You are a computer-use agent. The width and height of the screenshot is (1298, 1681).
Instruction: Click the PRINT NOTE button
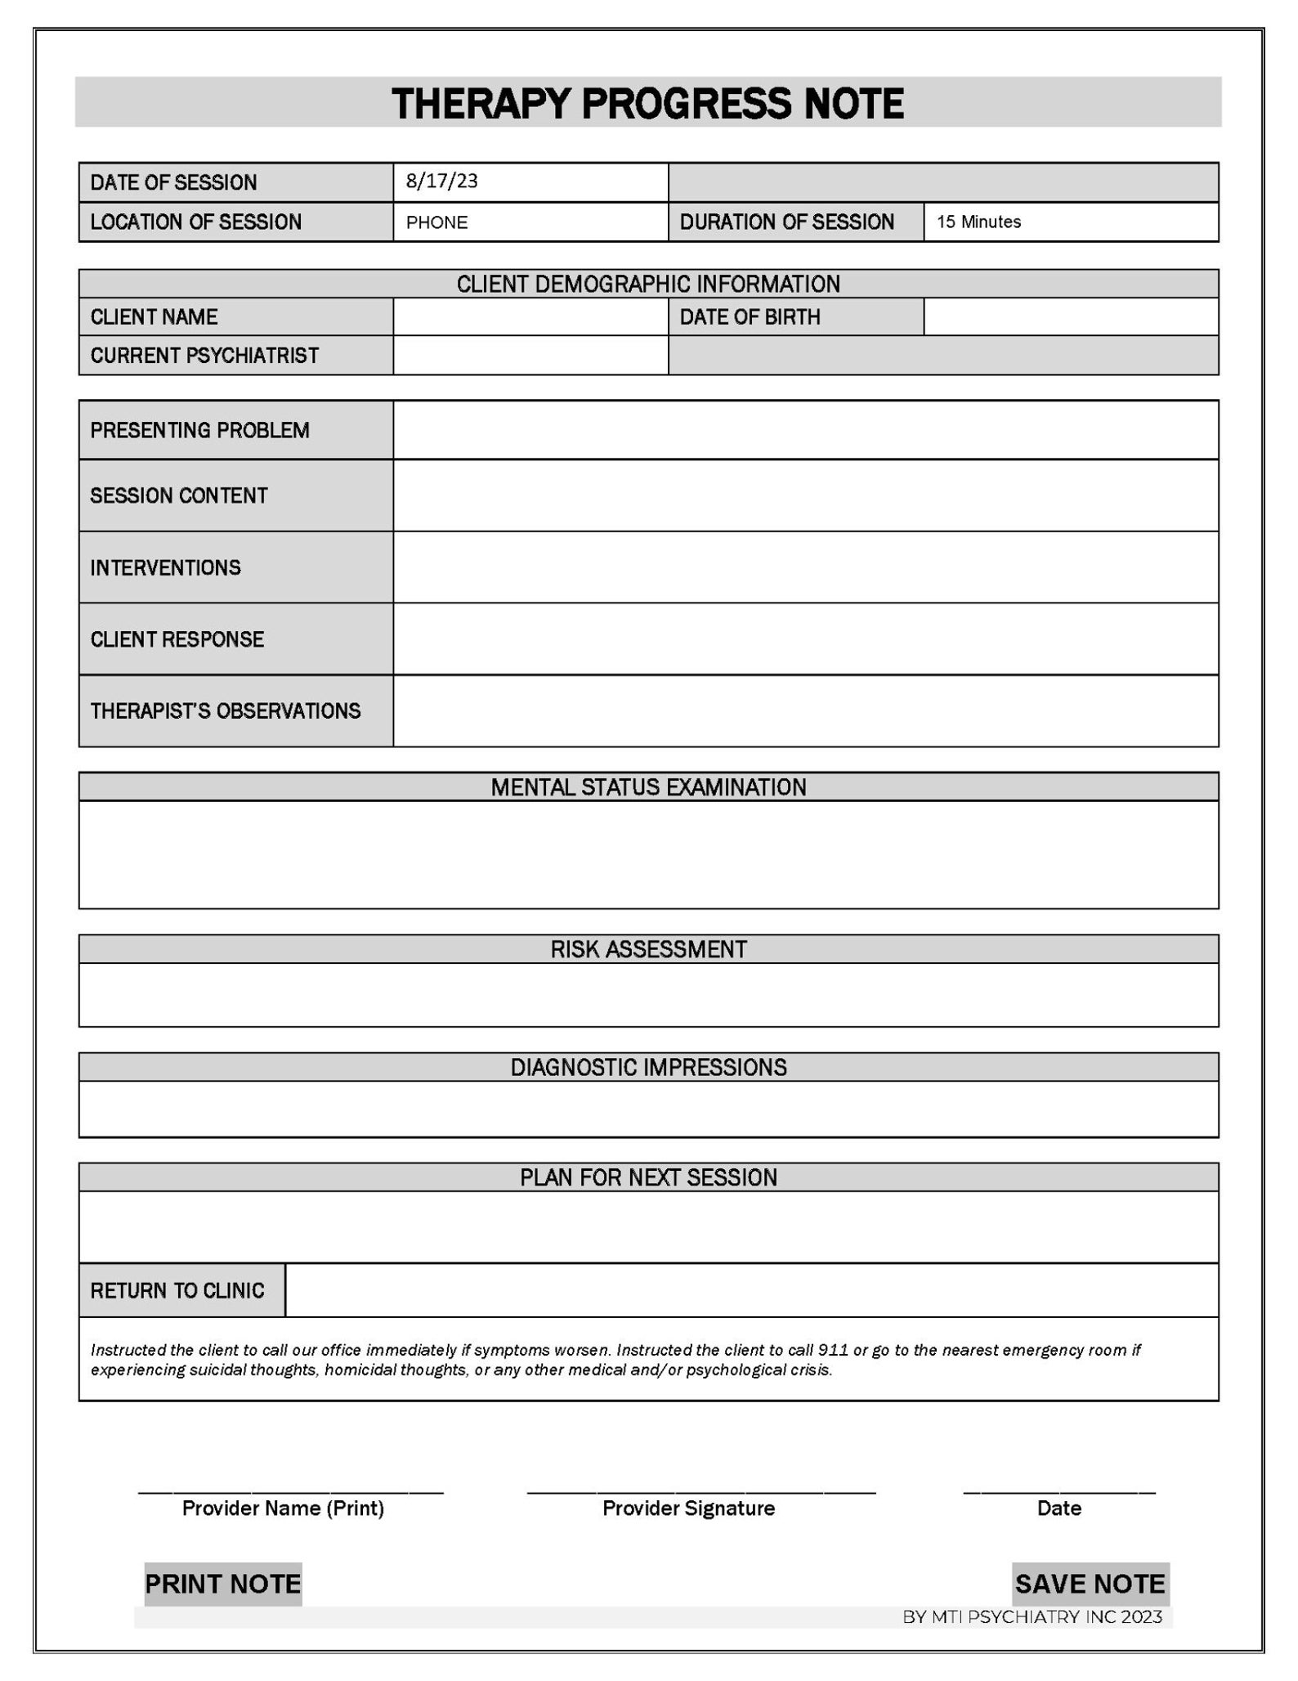coord(222,1584)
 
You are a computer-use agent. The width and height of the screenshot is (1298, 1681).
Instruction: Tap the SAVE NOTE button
coord(1090,1584)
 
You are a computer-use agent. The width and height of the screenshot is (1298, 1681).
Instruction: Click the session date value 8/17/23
coord(441,182)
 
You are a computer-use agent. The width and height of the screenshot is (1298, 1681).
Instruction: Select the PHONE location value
coord(436,222)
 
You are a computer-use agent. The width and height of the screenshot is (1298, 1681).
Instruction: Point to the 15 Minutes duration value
coord(978,222)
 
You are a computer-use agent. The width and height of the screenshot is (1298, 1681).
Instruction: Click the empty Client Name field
coord(530,316)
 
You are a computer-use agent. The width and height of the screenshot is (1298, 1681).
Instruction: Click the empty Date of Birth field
coord(1070,316)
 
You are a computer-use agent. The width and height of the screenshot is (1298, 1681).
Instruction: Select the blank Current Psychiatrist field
coord(530,356)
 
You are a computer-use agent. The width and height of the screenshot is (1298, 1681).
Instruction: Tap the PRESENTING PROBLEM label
coord(199,430)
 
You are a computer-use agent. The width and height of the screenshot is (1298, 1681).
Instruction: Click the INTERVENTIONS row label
coord(165,567)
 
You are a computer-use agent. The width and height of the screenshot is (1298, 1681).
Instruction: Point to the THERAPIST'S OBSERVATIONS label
coord(225,711)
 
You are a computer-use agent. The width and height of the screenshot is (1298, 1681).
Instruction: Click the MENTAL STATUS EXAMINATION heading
coord(648,787)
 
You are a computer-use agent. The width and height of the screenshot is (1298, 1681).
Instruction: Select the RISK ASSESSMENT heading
coord(648,949)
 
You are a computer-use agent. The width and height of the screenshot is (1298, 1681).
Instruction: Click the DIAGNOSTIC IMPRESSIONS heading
coord(648,1067)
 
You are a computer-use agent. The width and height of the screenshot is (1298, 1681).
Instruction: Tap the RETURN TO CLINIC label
coord(177,1290)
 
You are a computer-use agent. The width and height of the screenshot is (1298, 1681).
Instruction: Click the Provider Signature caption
coord(688,1508)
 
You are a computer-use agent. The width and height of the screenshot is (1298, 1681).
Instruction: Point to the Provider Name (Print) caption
coord(283,1508)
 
